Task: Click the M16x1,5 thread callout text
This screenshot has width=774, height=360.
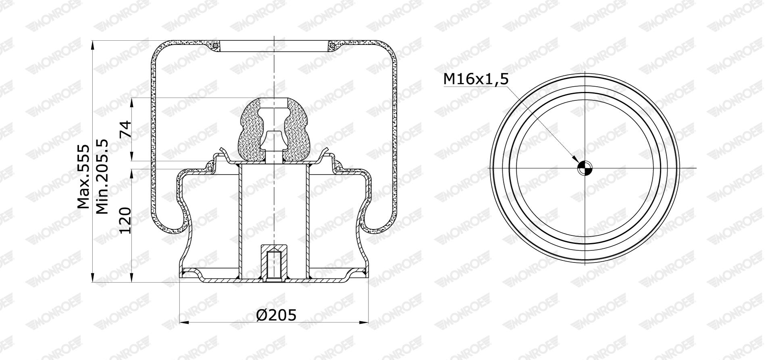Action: click(x=476, y=79)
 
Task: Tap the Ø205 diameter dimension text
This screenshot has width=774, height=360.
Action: click(x=276, y=315)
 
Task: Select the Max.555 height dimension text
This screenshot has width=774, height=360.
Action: click(x=83, y=176)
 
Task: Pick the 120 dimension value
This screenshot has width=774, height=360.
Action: click(x=125, y=220)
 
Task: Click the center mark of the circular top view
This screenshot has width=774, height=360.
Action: click(x=585, y=168)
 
